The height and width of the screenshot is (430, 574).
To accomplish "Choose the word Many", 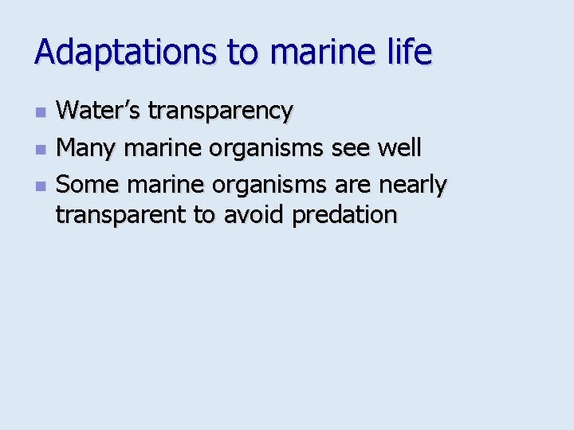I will [84, 148].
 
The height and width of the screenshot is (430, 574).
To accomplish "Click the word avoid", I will [255, 215].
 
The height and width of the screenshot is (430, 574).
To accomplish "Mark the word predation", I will [344, 215].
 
